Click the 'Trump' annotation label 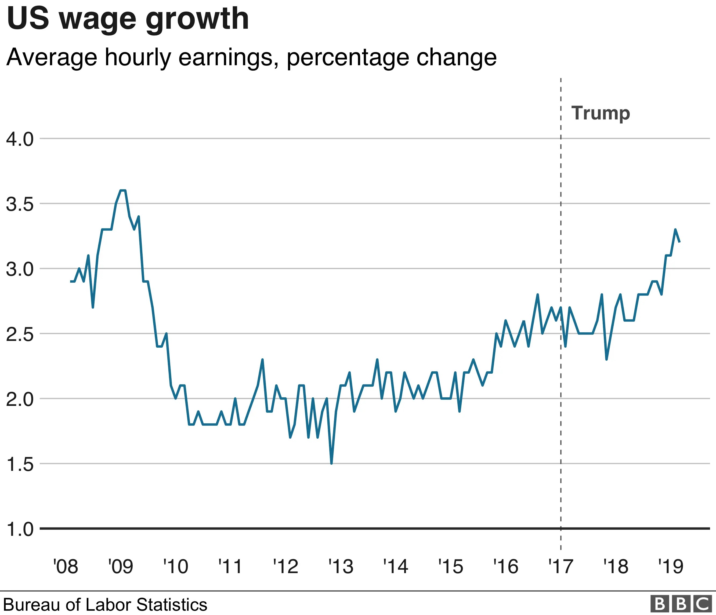point(600,113)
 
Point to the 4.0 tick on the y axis point(20,139)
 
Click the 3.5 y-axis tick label point(20,204)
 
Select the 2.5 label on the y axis point(20,334)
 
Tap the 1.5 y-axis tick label point(20,464)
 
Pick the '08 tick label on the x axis point(66,567)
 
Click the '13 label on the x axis point(341,567)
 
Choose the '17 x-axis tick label point(560,567)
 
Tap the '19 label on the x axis point(670,567)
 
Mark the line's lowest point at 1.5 point(331,463)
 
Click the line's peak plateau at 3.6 point(123,190)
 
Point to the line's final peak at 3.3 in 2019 point(675,230)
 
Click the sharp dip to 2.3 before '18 point(606,359)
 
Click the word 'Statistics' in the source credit point(172,605)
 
